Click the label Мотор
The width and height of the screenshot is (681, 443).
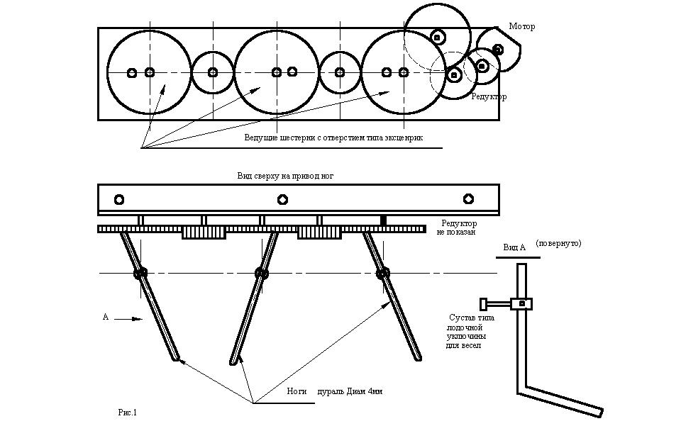point(521,27)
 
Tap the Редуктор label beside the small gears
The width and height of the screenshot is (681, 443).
point(489,97)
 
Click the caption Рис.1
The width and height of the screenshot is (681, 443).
point(126,412)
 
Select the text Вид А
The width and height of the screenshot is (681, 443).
point(514,247)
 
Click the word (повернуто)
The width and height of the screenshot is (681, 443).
point(559,243)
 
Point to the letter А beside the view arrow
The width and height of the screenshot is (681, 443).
point(106,317)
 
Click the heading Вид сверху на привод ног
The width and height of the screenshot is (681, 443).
point(285,175)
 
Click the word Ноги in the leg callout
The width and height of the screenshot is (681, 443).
point(297,391)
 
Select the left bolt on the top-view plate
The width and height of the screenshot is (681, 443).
point(118,199)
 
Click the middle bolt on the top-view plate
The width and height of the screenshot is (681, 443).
point(282,199)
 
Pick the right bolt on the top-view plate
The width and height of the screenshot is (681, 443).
point(468,199)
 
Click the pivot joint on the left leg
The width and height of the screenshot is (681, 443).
point(140,273)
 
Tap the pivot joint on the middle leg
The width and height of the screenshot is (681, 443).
point(262,273)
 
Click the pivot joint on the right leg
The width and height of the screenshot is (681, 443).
point(383,273)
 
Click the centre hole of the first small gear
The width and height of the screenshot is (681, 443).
point(213,72)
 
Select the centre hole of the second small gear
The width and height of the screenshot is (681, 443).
point(340,72)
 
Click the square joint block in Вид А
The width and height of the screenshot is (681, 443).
point(522,303)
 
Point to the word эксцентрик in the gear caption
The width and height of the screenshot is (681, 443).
point(402,138)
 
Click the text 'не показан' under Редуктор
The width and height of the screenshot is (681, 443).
point(456,232)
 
